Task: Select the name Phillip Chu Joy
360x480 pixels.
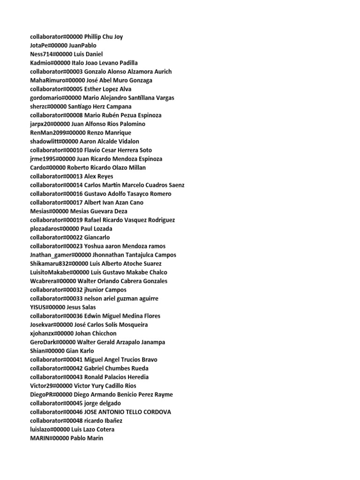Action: tap(103, 37)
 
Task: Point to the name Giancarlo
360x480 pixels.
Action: tap(97, 238)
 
